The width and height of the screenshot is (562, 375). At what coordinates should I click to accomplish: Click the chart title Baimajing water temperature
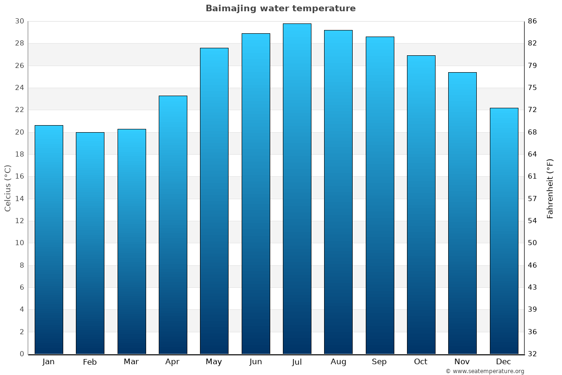click(x=281, y=8)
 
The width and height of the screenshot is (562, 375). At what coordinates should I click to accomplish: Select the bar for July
click(x=297, y=188)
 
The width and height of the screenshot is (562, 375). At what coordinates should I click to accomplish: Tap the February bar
click(x=90, y=243)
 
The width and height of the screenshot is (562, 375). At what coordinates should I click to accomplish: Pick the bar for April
click(x=173, y=225)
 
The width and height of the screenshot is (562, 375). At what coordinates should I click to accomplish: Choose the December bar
click(x=504, y=231)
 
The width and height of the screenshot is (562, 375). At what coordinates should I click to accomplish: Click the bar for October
click(x=421, y=204)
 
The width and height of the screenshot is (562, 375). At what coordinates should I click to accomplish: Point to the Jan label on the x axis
click(x=48, y=362)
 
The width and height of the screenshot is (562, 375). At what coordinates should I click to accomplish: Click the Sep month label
click(x=379, y=362)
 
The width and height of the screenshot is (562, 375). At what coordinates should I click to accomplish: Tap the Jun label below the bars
click(x=256, y=362)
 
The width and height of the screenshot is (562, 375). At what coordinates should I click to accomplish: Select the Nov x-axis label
click(x=462, y=362)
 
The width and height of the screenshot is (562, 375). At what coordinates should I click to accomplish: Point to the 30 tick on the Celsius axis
click(x=19, y=21)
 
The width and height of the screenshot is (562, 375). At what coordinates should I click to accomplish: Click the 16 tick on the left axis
click(x=19, y=177)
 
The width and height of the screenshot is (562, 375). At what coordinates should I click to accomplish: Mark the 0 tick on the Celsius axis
click(x=22, y=354)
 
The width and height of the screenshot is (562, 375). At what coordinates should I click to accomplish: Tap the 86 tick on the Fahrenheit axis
click(x=532, y=21)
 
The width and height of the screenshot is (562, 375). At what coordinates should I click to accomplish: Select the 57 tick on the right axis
click(x=532, y=199)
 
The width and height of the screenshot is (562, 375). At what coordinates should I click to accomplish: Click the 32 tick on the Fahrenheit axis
click(x=532, y=354)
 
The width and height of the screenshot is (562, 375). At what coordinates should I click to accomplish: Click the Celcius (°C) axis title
click(x=7, y=188)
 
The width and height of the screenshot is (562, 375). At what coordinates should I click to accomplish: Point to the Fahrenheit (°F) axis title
click(x=550, y=188)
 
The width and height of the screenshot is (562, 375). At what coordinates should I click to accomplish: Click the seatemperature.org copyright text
click(x=485, y=371)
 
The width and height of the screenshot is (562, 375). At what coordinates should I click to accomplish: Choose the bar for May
click(x=214, y=201)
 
